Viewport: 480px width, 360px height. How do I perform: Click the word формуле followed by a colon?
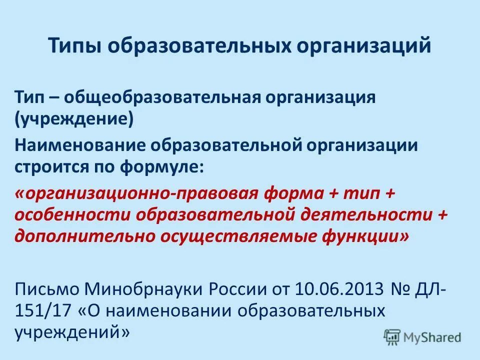click(164, 166)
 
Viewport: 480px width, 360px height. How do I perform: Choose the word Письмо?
click(46, 288)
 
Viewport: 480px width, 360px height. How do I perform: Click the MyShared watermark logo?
click(422, 337)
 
